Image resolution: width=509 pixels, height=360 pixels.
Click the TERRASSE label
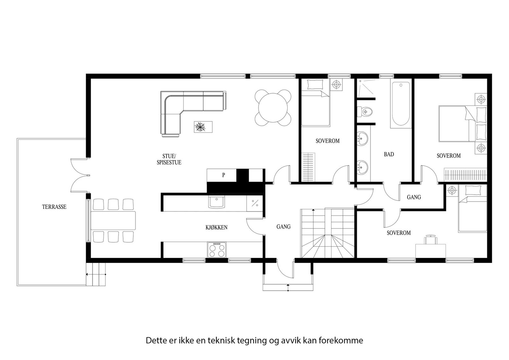pyautogui.click(x=54, y=207)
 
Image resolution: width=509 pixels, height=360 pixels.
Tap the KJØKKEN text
pyautogui.click(x=216, y=227)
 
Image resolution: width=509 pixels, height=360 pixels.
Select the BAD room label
pyautogui.click(x=389, y=155)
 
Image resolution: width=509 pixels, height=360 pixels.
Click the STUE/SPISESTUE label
pyautogui.click(x=169, y=159)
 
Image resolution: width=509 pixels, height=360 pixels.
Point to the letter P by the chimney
pyautogui.click(x=224, y=175)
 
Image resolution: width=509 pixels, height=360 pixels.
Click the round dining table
pyautogui.click(x=273, y=108)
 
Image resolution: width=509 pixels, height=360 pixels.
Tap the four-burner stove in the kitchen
pyautogui.click(x=217, y=250)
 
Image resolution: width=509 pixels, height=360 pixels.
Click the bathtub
pyautogui.click(x=401, y=104)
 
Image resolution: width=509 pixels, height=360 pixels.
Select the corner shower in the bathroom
pyautogui.click(x=366, y=87)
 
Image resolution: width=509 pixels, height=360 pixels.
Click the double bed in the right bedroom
pyautogui.click(x=463, y=124)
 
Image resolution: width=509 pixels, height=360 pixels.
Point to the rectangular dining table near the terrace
pyautogui.click(x=113, y=220)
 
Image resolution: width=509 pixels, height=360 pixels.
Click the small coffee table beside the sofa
pyautogui.click(x=203, y=127)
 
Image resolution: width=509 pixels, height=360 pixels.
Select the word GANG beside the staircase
pyautogui.click(x=283, y=227)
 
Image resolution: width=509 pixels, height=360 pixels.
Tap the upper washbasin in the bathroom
pyautogui.click(x=362, y=138)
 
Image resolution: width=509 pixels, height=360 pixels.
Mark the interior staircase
pyautogui.click(x=327, y=233)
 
